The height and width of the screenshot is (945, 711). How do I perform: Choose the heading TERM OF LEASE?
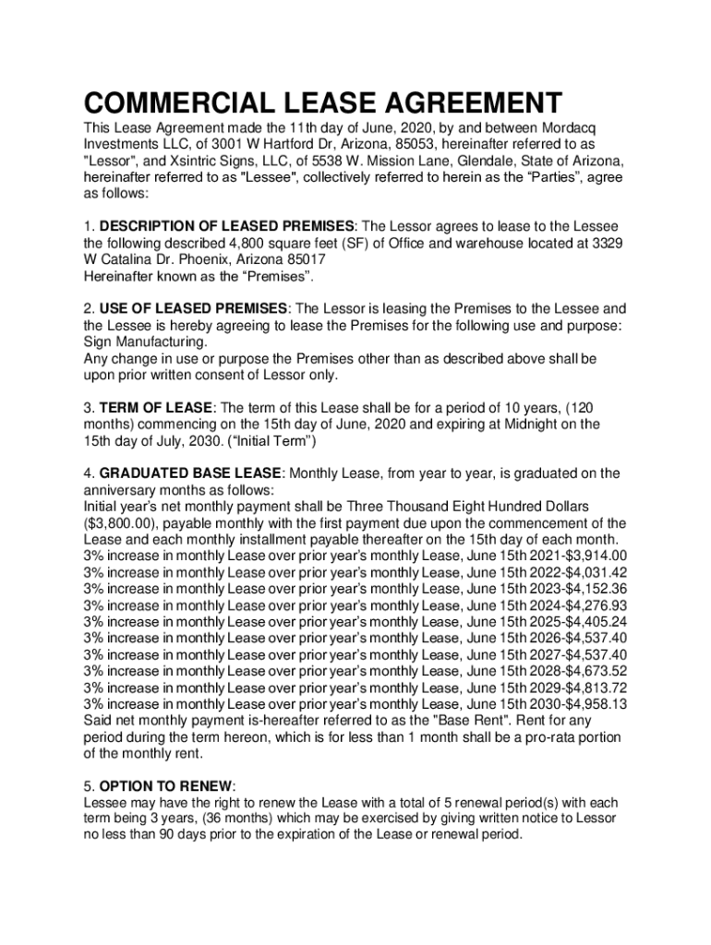pos(156,408)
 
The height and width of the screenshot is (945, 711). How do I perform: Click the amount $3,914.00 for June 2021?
pos(596,556)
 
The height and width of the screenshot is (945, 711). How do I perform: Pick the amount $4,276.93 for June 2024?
pos(596,606)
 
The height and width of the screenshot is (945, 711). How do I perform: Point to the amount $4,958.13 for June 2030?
pos(596,704)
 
